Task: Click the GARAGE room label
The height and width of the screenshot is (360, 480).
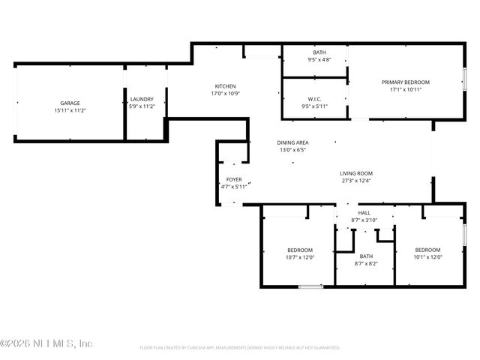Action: [70, 103]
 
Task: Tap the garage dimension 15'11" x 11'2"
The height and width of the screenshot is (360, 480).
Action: [70, 110]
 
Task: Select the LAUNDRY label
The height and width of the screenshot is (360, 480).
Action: [142, 99]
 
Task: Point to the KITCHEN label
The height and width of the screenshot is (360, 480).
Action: [226, 86]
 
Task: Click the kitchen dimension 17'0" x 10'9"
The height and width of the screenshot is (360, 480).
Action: [226, 94]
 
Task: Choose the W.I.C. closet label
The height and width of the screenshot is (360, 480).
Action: [314, 99]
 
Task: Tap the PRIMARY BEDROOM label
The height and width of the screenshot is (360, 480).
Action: [406, 82]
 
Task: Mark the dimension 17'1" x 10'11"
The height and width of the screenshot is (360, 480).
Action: [406, 89]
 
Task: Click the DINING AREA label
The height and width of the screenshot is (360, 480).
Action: [293, 142]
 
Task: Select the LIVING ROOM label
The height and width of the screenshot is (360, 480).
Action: [356, 172]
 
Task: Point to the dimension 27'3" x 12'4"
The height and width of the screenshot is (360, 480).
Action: [356, 180]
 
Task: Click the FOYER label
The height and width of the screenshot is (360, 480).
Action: [234, 180]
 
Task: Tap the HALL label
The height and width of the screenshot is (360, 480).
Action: [364, 213]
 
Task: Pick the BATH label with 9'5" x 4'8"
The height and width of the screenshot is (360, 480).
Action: [319, 52]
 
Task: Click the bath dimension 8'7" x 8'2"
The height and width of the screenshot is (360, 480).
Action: [366, 263]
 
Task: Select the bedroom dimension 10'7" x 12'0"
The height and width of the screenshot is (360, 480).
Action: [300, 257]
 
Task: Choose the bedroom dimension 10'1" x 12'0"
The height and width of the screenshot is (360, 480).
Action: [427, 257]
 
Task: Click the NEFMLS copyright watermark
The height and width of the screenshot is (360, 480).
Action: [46, 343]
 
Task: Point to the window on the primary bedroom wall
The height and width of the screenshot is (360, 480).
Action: [465, 78]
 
